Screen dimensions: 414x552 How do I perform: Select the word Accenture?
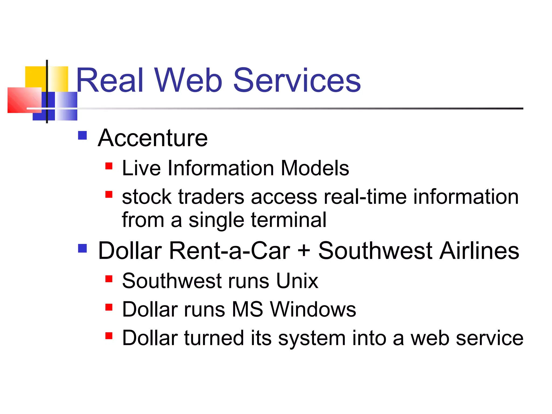click(x=153, y=138)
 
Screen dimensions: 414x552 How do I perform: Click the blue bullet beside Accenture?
click(x=82, y=135)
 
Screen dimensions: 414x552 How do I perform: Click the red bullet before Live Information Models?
click(x=109, y=166)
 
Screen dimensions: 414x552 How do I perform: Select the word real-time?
click(x=365, y=197)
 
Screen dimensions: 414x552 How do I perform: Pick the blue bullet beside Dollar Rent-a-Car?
click(x=82, y=248)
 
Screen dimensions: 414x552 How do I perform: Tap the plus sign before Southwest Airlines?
click(x=304, y=251)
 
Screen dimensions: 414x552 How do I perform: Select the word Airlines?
click(x=479, y=251)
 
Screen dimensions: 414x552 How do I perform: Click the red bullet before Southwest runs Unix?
click(x=109, y=278)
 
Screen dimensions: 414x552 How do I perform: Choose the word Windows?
click(x=313, y=309)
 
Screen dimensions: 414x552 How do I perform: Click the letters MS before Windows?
click(x=247, y=309)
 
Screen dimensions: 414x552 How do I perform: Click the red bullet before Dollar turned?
click(x=109, y=336)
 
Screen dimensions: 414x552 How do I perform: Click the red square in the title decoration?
click(x=24, y=100)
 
